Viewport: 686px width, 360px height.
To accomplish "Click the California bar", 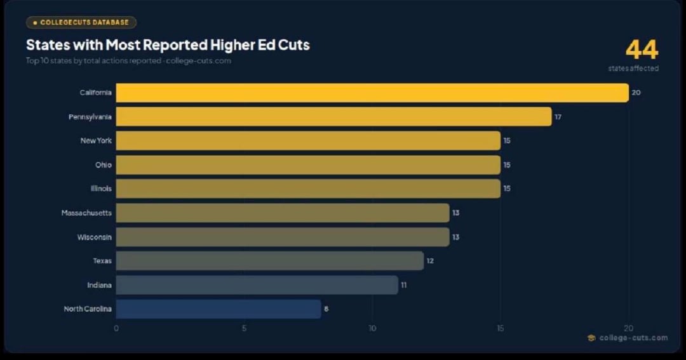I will pos(372,93).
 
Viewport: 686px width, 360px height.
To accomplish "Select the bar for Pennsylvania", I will pos(333,117).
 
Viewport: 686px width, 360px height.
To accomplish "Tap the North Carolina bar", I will pos(218,309).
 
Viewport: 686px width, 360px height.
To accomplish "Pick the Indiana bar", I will pos(257,285).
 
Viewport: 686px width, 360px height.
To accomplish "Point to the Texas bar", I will pos(269,261).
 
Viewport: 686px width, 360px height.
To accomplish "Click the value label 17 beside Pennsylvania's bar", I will pos(558,117).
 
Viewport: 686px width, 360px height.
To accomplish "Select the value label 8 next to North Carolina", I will pos(326,309).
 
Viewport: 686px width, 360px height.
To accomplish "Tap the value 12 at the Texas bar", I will pos(430,261).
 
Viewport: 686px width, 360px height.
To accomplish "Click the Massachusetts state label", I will pos(86,213).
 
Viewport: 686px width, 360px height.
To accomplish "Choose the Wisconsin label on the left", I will pos(95,237).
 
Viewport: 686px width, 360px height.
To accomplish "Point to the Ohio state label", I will pos(104,165).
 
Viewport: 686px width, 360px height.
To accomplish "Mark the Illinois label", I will pos(101,189).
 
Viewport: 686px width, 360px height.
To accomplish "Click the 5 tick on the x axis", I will pos(244,328).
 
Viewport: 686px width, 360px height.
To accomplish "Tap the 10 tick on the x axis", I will pos(372,328).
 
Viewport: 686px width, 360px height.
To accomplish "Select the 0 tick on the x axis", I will pos(116,328).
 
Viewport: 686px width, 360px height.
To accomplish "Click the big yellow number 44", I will pos(642,50).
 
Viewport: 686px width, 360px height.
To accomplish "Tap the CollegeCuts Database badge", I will pos(81,22).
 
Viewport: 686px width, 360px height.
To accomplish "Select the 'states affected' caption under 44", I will pos(633,69).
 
